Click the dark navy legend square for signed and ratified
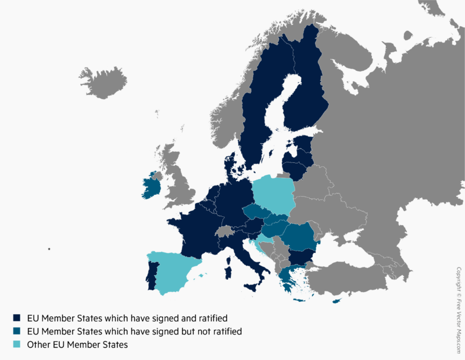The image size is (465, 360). [x=17, y=318]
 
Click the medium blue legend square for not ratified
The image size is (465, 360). [x=17, y=332]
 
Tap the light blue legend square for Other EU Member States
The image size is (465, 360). [x=17, y=345]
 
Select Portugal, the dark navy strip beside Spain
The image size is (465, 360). [x=151, y=275]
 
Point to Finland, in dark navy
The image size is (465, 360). [x=308, y=87]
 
